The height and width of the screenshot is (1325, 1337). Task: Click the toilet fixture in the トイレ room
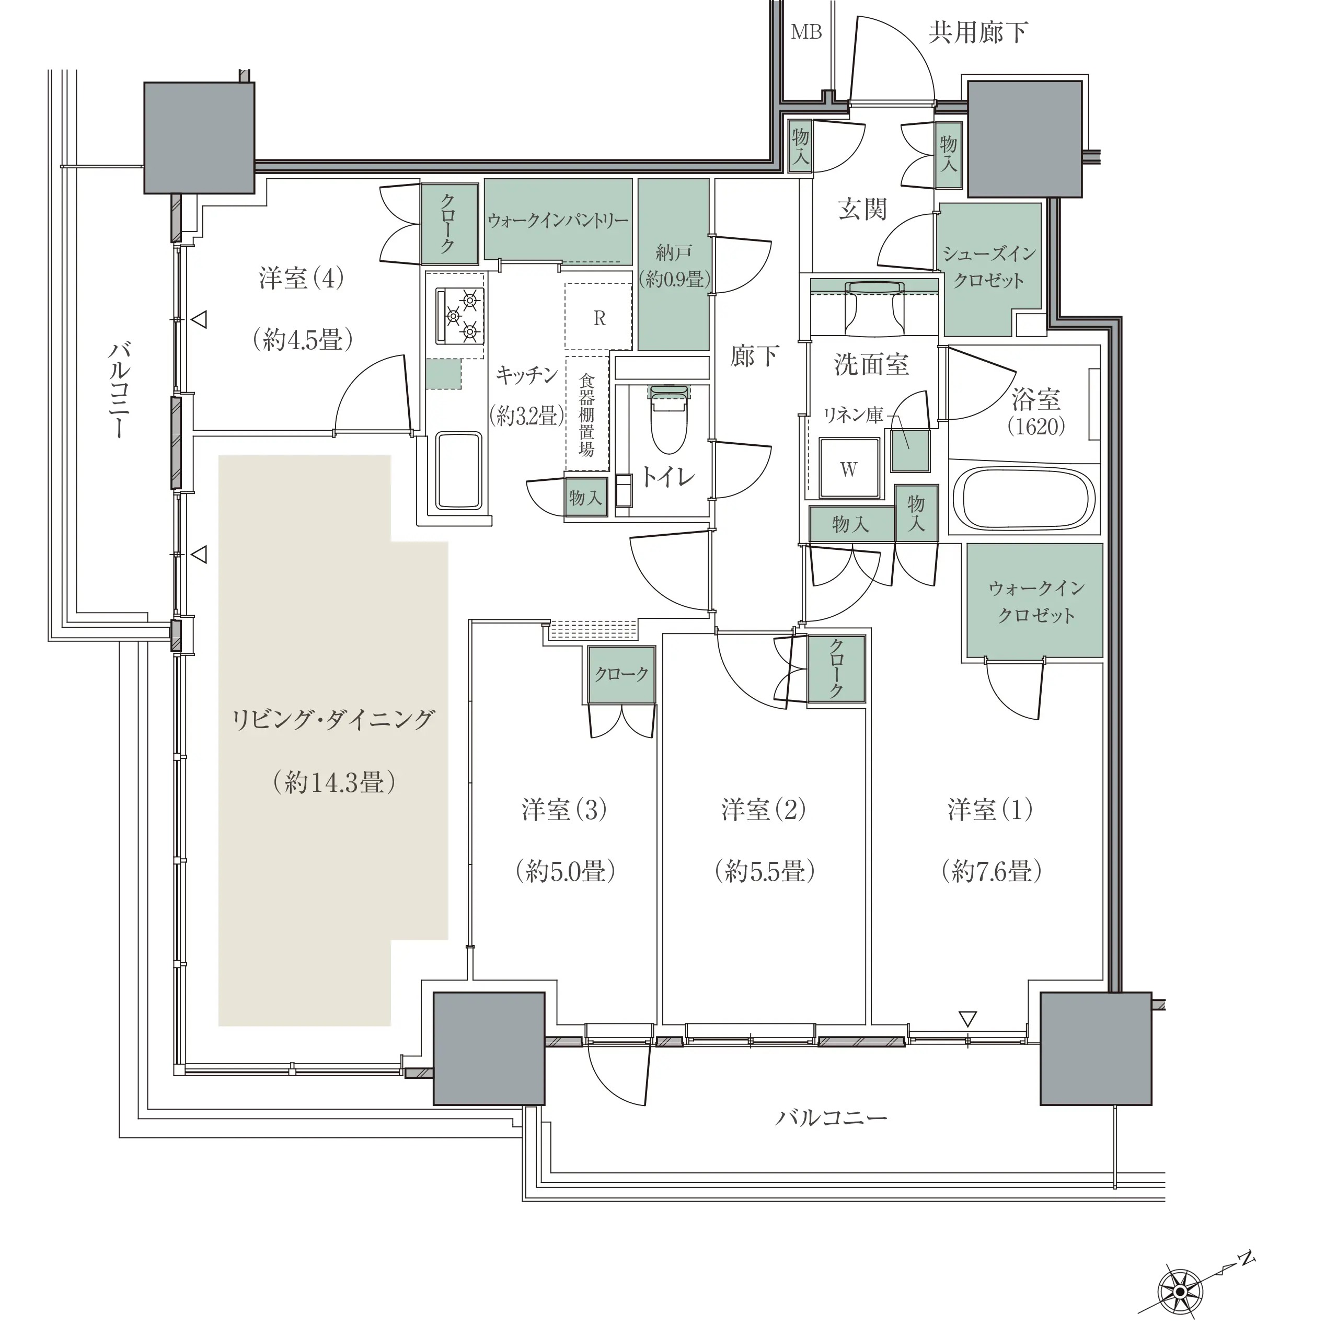[x=668, y=419]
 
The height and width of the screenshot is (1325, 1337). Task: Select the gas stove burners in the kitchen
[x=459, y=316]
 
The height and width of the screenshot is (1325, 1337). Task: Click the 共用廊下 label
[x=978, y=32]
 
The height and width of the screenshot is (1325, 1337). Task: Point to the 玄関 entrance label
[x=862, y=208]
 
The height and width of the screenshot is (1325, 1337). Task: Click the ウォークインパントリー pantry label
[x=557, y=221]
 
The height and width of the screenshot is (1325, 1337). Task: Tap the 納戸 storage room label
[x=673, y=252]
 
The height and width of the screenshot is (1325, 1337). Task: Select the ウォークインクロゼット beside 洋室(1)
[x=1034, y=601]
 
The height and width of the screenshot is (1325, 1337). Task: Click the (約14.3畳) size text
[x=335, y=782]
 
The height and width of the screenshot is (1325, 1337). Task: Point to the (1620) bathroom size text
[x=1036, y=425]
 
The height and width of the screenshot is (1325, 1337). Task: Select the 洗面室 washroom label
[x=871, y=365]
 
